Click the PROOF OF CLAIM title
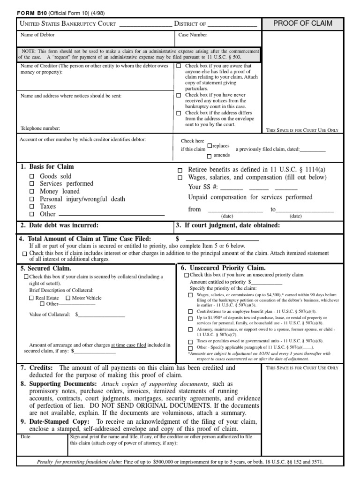(x=302, y=24)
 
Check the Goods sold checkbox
(x=32, y=177)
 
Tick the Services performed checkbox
(x=32, y=184)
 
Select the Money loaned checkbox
(x=32, y=192)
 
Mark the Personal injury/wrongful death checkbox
(x=32, y=199)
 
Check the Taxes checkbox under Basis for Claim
(x=32, y=207)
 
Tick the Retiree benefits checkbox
(x=180, y=170)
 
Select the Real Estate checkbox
(x=31, y=298)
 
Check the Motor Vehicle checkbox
(x=68, y=298)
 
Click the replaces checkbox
(x=210, y=146)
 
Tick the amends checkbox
(x=210, y=155)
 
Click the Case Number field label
(x=193, y=35)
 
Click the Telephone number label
(x=40, y=128)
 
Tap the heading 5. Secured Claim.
(x=45, y=269)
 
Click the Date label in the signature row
(x=25, y=436)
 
